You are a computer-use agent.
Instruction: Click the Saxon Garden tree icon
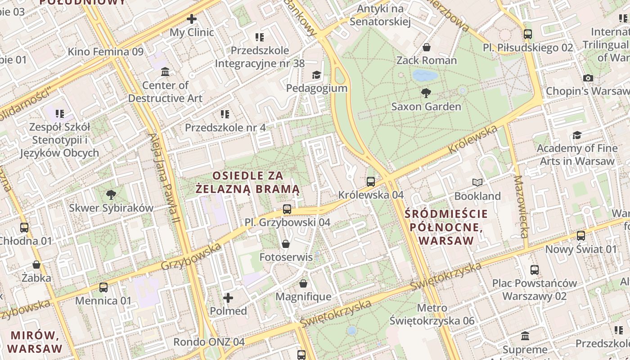click(x=426, y=93)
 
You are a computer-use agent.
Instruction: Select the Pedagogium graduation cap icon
click(x=317, y=75)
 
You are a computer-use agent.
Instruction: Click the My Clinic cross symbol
click(x=192, y=19)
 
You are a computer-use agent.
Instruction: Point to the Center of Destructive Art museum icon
click(x=165, y=72)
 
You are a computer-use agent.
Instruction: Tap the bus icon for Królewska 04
click(x=371, y=182)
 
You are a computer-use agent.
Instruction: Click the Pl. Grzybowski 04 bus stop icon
click(x=287, y=209)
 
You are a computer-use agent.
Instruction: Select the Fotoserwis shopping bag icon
click(x=285, y=244)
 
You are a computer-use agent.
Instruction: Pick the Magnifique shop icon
click(x=303, y=283)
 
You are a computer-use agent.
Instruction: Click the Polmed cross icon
click(x=228, y=297)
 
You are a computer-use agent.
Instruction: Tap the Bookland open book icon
click(x=477, y=182)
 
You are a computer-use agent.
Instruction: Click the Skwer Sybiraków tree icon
click(x=111, y=194)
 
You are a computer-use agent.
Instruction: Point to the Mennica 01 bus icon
click(x=103, y=287)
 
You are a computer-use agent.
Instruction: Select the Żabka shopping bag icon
click(x=36, y=265)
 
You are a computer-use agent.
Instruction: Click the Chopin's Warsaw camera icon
click(x=588, y=78)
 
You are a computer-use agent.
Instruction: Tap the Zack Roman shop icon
click(x=426, y=47)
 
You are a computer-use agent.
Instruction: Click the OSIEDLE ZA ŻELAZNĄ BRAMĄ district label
click(x=248, y=182)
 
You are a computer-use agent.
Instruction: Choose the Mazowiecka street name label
click(x=521, y=207)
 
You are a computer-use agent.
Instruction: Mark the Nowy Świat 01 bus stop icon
click(x=581, y=235)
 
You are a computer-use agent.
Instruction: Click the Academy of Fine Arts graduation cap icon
click(x=577, y=135)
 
